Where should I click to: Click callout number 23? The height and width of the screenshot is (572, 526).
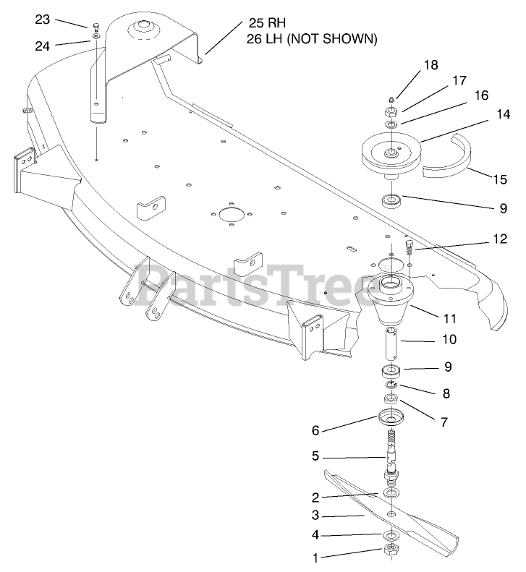[43, 20]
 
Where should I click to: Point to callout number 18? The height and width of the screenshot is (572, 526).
[430, 65]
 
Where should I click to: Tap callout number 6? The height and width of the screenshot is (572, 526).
[315, 430]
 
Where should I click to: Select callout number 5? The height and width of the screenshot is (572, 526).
[315, 456]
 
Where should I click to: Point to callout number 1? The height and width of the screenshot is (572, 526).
[315, 558]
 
